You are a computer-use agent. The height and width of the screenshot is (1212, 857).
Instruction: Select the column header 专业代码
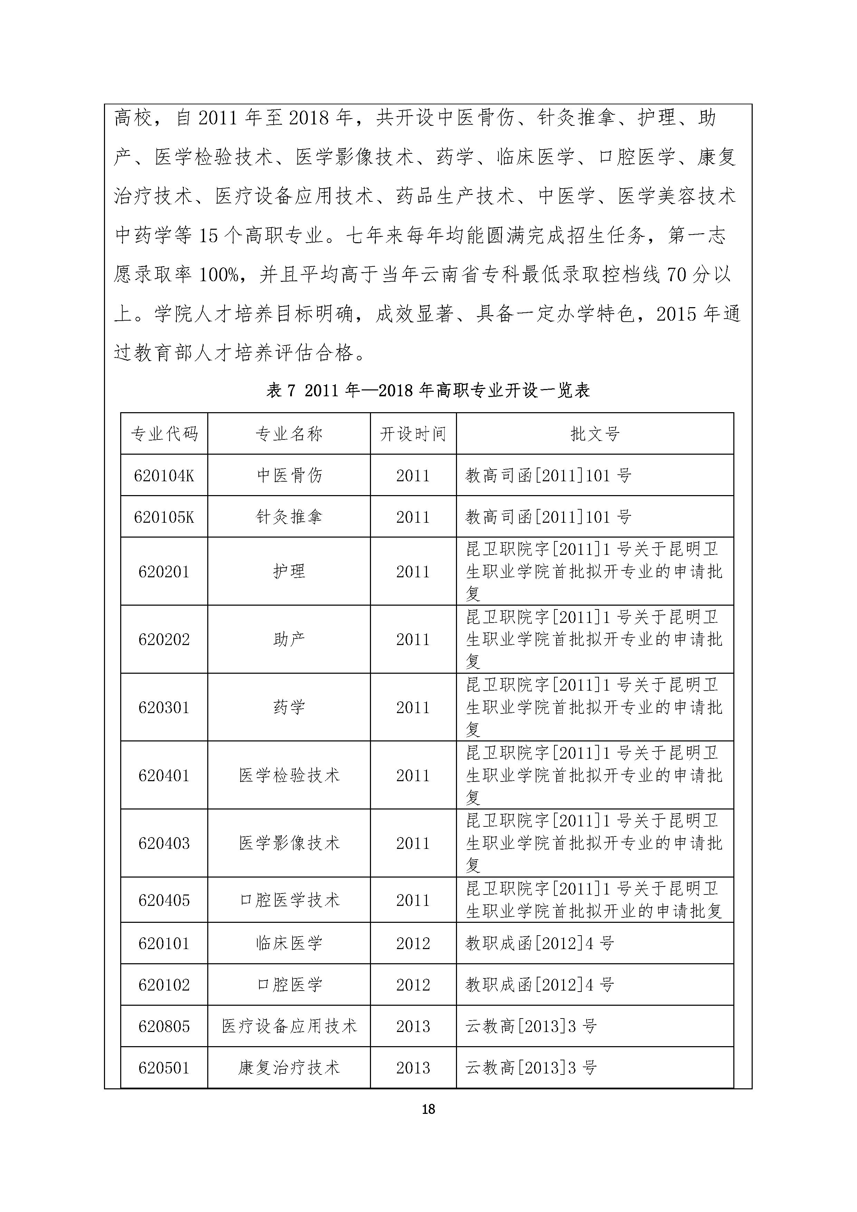[x=164, y=434]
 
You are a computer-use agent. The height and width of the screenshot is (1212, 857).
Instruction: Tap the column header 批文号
[x=595, y=434]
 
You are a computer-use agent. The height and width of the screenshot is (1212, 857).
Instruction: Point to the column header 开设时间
[x=413, y=434]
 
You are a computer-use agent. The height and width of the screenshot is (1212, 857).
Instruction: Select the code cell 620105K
[x=164, y=517]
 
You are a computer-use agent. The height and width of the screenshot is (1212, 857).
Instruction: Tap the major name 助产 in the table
[x=289, y=639]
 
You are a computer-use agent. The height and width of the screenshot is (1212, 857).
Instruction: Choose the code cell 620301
[x=164, y=707]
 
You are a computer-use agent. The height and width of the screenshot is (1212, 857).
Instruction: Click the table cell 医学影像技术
[x=289, y=843]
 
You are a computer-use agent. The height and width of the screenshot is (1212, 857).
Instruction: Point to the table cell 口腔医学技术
[x=289, y=900]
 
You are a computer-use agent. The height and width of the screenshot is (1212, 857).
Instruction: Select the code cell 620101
[x=164, y=943]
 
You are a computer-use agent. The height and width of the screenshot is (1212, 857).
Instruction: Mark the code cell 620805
[x=164, y=1026]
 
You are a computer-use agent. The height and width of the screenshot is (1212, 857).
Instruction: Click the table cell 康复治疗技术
[x=289, y=1068]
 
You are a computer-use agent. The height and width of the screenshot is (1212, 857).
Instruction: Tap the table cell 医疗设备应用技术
[x=289, y=1026]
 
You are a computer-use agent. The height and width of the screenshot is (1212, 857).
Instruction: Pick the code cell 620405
[x=164, y=900]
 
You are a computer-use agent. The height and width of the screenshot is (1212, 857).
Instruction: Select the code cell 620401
[x=164, y=775]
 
